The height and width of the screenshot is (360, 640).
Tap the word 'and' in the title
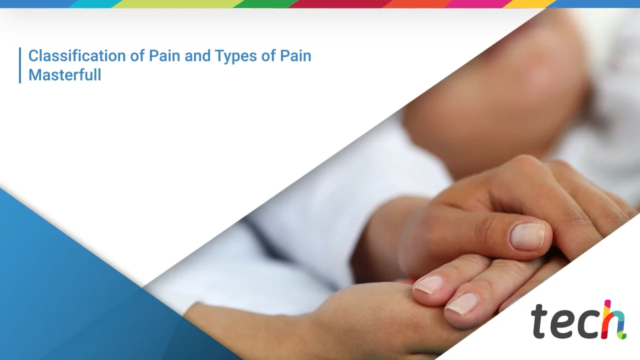[x=197, y=55]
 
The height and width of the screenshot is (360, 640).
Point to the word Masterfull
[x=64, y=75]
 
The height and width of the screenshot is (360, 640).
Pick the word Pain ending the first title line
[x=294, y=55]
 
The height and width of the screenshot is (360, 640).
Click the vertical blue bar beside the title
[x=20, y=65]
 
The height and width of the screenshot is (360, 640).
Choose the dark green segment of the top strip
[x=265, y=3]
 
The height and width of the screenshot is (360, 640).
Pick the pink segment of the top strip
[x=477, y=3]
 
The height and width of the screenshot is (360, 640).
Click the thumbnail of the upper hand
[x=526, y=235]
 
